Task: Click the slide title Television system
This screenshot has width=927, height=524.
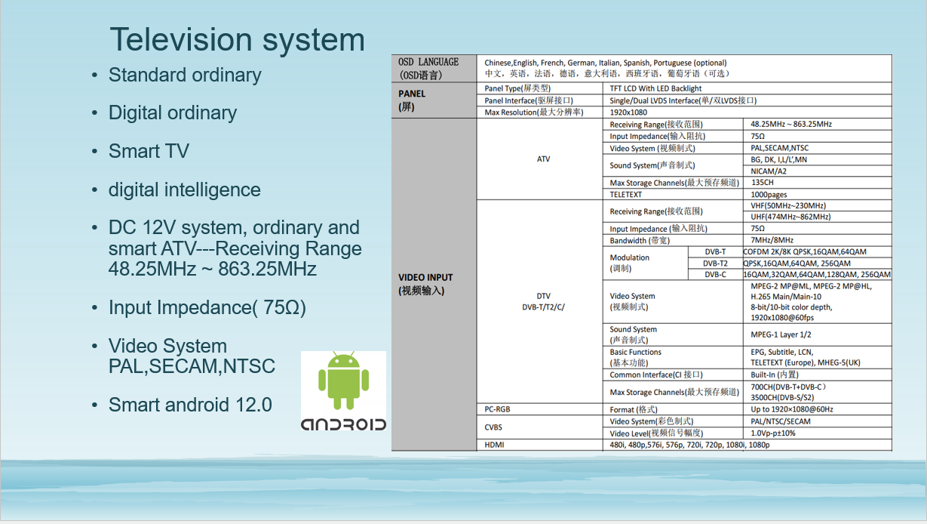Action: click(x=237, y=40)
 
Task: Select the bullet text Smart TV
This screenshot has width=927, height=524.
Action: click(x=149, y=151)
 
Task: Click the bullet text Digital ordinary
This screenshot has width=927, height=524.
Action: click(x=173, y=113)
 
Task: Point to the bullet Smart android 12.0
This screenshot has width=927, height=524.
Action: click(x=190, y=405)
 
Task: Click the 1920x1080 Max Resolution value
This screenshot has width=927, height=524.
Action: click(x=628, y=113)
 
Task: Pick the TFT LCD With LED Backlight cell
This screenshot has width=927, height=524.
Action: click(x=655, y=88)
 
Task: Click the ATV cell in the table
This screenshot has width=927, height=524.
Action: click(x=543, y=159)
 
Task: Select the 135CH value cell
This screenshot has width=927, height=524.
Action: click(x=763, y=182)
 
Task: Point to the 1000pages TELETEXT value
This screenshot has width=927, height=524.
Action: click(x=769, y=194)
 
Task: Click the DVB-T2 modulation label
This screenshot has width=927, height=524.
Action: click(x=715, y=263)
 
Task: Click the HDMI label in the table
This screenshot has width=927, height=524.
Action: click(x=494, y=445)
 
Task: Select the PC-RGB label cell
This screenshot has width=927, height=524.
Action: click(x=497, y=409)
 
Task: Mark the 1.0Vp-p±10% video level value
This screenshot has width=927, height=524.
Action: click(x=773, y=433)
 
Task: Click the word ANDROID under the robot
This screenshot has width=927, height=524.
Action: click(x=343, y=424)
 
